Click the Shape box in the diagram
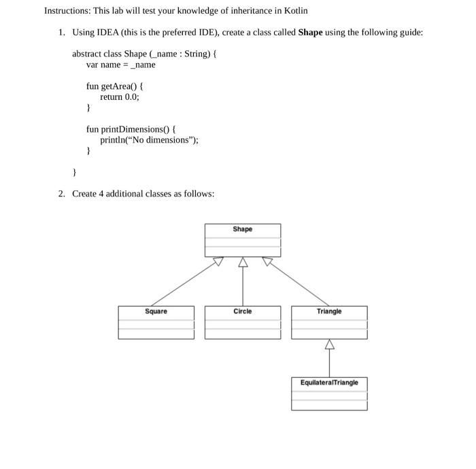pos(242,240)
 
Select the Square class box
pos(156,322)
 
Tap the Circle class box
pos(242,322)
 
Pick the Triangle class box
pos(329,322)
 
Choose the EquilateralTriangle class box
pos(329,394)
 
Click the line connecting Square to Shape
pos(184,283)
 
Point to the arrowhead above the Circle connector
pos(242,262)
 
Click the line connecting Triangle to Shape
pos(299,283)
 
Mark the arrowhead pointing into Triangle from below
pos(329,344)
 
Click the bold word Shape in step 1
pos(310,32)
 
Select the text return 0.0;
pos(119,97)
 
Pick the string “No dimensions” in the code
pos(161,140)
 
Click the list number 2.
pos(61,194)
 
